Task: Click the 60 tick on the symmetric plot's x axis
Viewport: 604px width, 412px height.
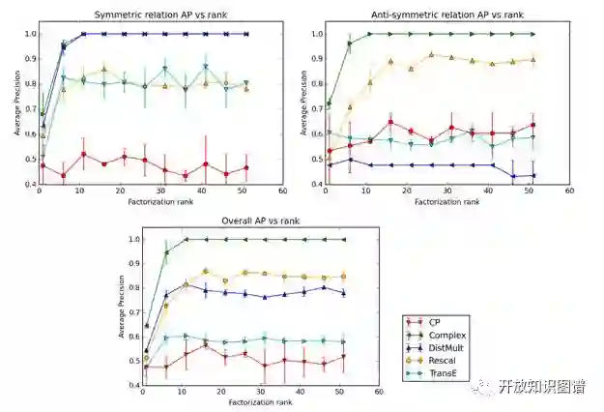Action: click(x=282, y=191)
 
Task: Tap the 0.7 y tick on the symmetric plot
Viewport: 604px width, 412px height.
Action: click(x=26, y=109)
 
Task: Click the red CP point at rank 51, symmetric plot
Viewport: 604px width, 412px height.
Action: click(x=245, y=167)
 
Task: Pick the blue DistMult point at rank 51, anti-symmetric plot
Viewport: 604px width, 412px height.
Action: click(x=532, y=175)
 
